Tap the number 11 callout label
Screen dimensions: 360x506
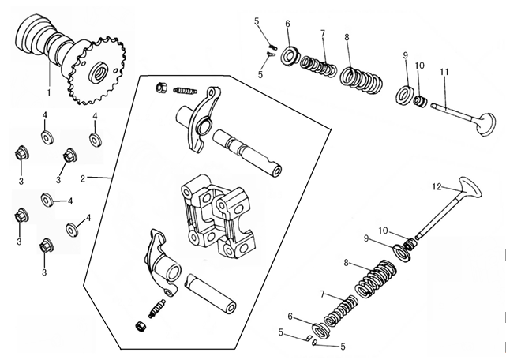445,72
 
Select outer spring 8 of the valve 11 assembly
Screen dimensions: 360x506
362,78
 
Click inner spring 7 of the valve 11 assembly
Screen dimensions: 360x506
320,65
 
